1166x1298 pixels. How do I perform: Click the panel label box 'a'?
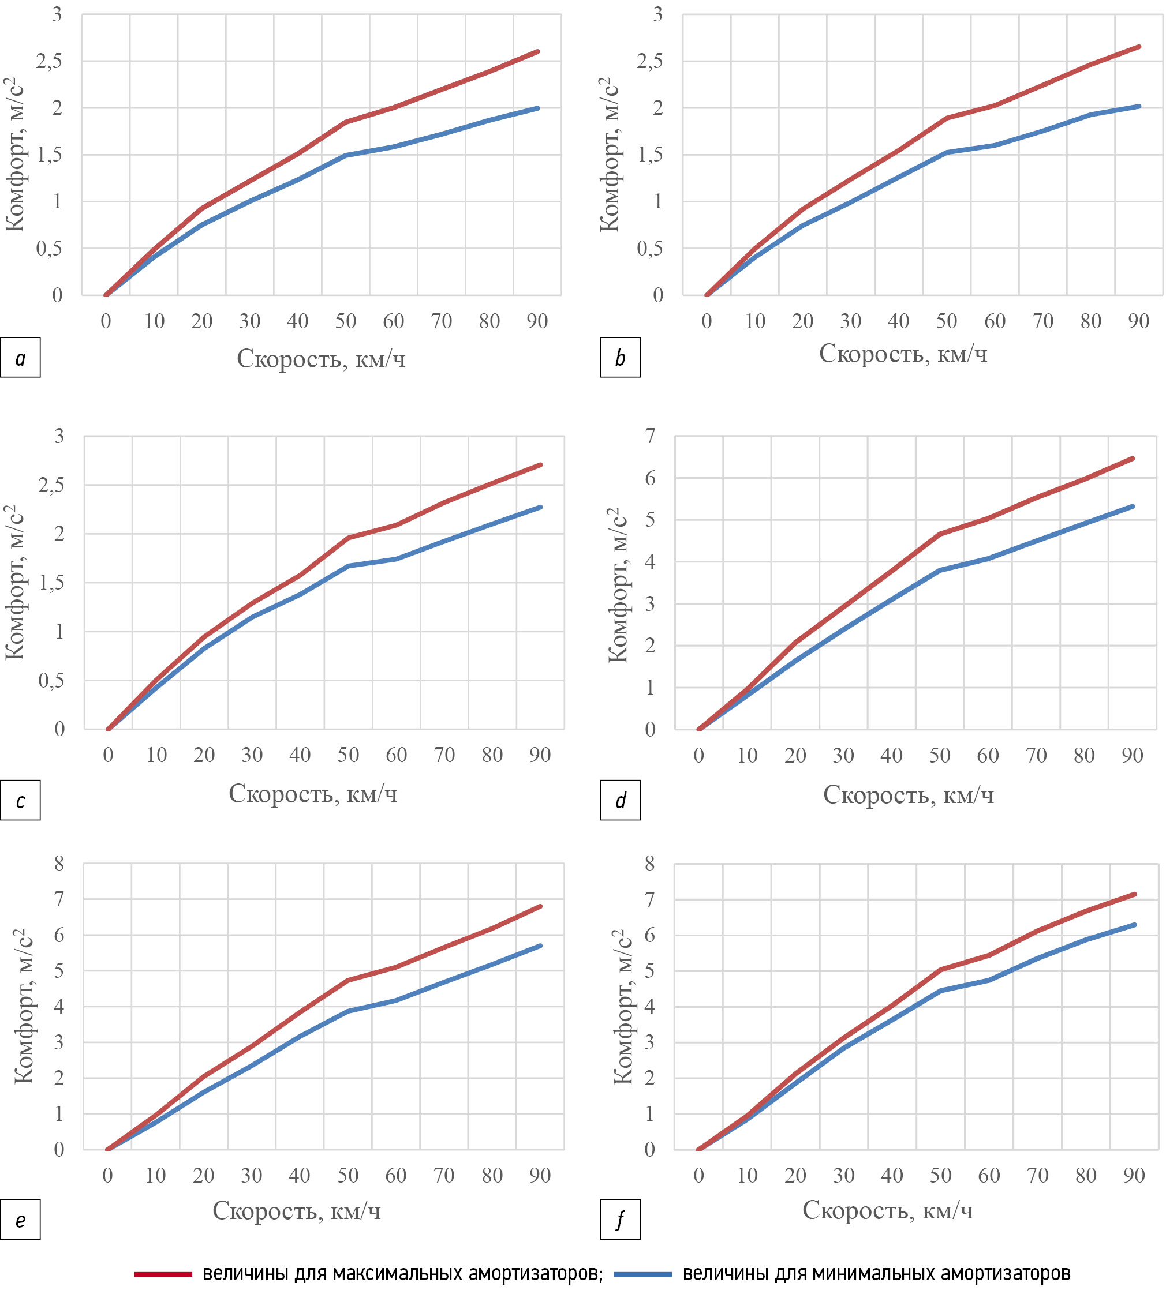click(x=21, y=357)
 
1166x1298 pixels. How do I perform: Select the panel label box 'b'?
click(x=620, y=357)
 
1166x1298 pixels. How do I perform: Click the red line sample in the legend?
click(x=163, y=1274)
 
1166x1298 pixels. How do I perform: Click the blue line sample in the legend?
click(x=642, y=1274)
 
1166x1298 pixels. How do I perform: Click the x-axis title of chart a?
click(x=321, y=359)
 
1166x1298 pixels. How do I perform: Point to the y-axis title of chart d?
click(x=618, y=584)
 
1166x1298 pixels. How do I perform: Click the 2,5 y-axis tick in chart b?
click(x=649, y=62)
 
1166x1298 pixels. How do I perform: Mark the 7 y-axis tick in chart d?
click(x=651, y=436)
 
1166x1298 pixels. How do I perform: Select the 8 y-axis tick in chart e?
click(x=59, y=864)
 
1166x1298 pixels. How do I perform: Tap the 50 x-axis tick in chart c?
click(x=348, y=755)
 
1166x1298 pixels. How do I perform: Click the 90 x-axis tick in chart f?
click(x=1134, y=1176)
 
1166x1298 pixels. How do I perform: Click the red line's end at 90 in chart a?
click(x=537, y=51)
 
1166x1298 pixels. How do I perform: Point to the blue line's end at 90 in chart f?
click(x=1135, y=925)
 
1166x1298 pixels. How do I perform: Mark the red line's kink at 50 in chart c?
click(x=348, y=538)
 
